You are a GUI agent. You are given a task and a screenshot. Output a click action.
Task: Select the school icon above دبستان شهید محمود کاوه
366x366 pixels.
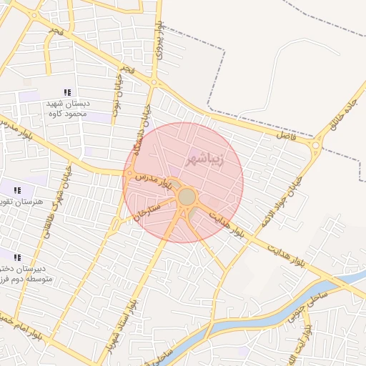tap(67, 92)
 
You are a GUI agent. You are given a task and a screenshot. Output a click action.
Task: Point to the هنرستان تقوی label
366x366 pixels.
tap(24, 202)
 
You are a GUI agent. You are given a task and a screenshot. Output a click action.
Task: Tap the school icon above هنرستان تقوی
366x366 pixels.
tap(17, 190)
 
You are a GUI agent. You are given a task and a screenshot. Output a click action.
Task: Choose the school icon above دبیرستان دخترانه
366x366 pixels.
tap(17, 257)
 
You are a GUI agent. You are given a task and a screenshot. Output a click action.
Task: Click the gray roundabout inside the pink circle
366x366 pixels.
tap(187, 196)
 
